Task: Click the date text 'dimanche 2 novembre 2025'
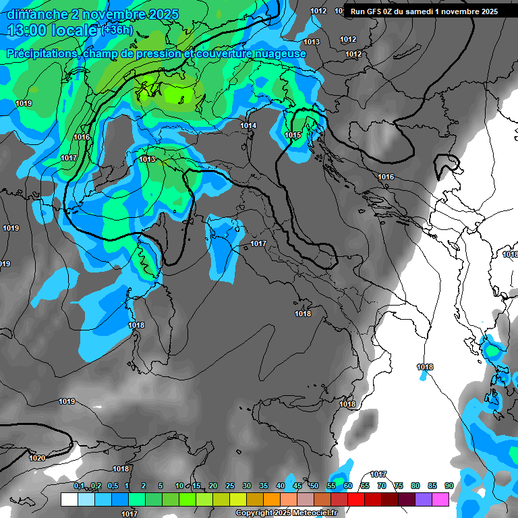pyautogui.click(x=93, y=14)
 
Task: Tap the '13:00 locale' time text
pyautogui.click(x=51, y=30)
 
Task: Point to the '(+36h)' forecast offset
pyautogui.click(x=117, y=30)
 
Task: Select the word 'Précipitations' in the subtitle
pyautogui.click(x=41, y=53)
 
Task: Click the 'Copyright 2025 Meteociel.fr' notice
pyautogui.click(x=286, y=513)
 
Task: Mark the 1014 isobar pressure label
pyautogui.click(x=248, y=125)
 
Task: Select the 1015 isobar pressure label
pyautogui.click(x=293, y=136)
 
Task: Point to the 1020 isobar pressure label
pyautogui.click(x=37, y=458)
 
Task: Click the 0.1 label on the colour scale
pyautogui.click(x=79, y=486)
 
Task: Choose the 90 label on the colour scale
pyautogui.click(x=449, y=486)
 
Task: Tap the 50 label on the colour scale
pyautogui.click(x=314, y=486)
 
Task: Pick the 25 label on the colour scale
pyautogui.click(x=230, y=486)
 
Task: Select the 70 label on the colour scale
pyautogui.click(x=382, y=486)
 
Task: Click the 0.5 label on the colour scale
pyautogui.click(x=112, y=486)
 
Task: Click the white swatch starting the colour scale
pyautogui.click(x=69, y=499)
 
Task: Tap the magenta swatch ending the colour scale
pyautogui.click(x=440, y=499)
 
